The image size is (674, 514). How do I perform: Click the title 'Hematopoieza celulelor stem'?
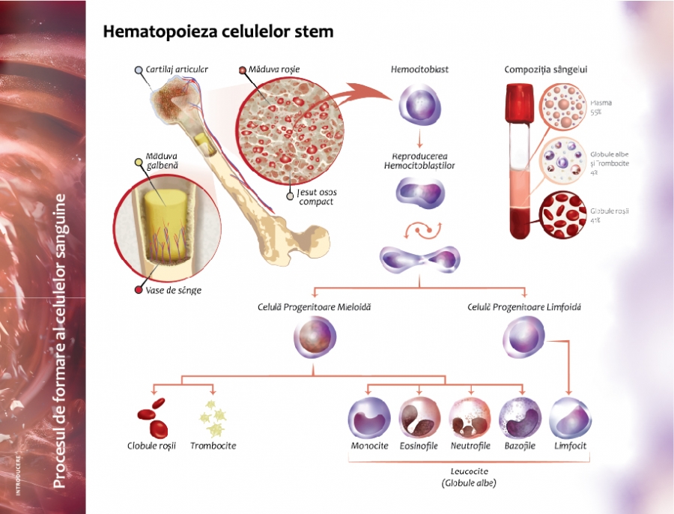[217, 32]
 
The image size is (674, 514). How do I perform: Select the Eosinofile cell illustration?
[419, 417]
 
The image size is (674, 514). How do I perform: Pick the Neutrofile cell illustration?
[470, 417]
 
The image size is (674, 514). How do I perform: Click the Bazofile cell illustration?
[520, 417]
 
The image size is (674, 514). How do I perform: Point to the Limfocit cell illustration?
[571, 417]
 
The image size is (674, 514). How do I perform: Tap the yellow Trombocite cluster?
[211, 417]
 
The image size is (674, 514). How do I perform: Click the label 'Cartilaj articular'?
[177, 70]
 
